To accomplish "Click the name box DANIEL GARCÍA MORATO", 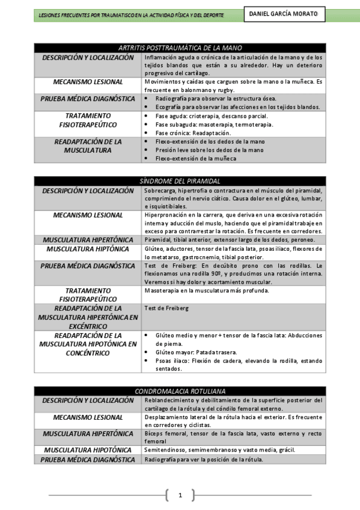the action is click(284, 14).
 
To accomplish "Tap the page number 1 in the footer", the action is click(180, 496).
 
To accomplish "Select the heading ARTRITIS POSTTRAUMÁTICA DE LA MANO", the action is click(180, 48).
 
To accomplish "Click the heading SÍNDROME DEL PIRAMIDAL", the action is click(180, 180).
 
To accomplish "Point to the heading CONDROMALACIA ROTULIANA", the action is click(180, 391).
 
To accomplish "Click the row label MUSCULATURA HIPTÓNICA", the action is click(88, 248).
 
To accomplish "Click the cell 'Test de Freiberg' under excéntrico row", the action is click(166, 309).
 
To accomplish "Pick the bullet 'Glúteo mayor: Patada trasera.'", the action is click(196, 352).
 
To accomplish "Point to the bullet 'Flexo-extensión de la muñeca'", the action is click(196, 158).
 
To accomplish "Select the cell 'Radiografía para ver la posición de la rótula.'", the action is click(204, 460).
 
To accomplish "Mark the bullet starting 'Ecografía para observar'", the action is click(237, 106).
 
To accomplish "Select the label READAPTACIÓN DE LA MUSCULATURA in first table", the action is click(88, 146).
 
